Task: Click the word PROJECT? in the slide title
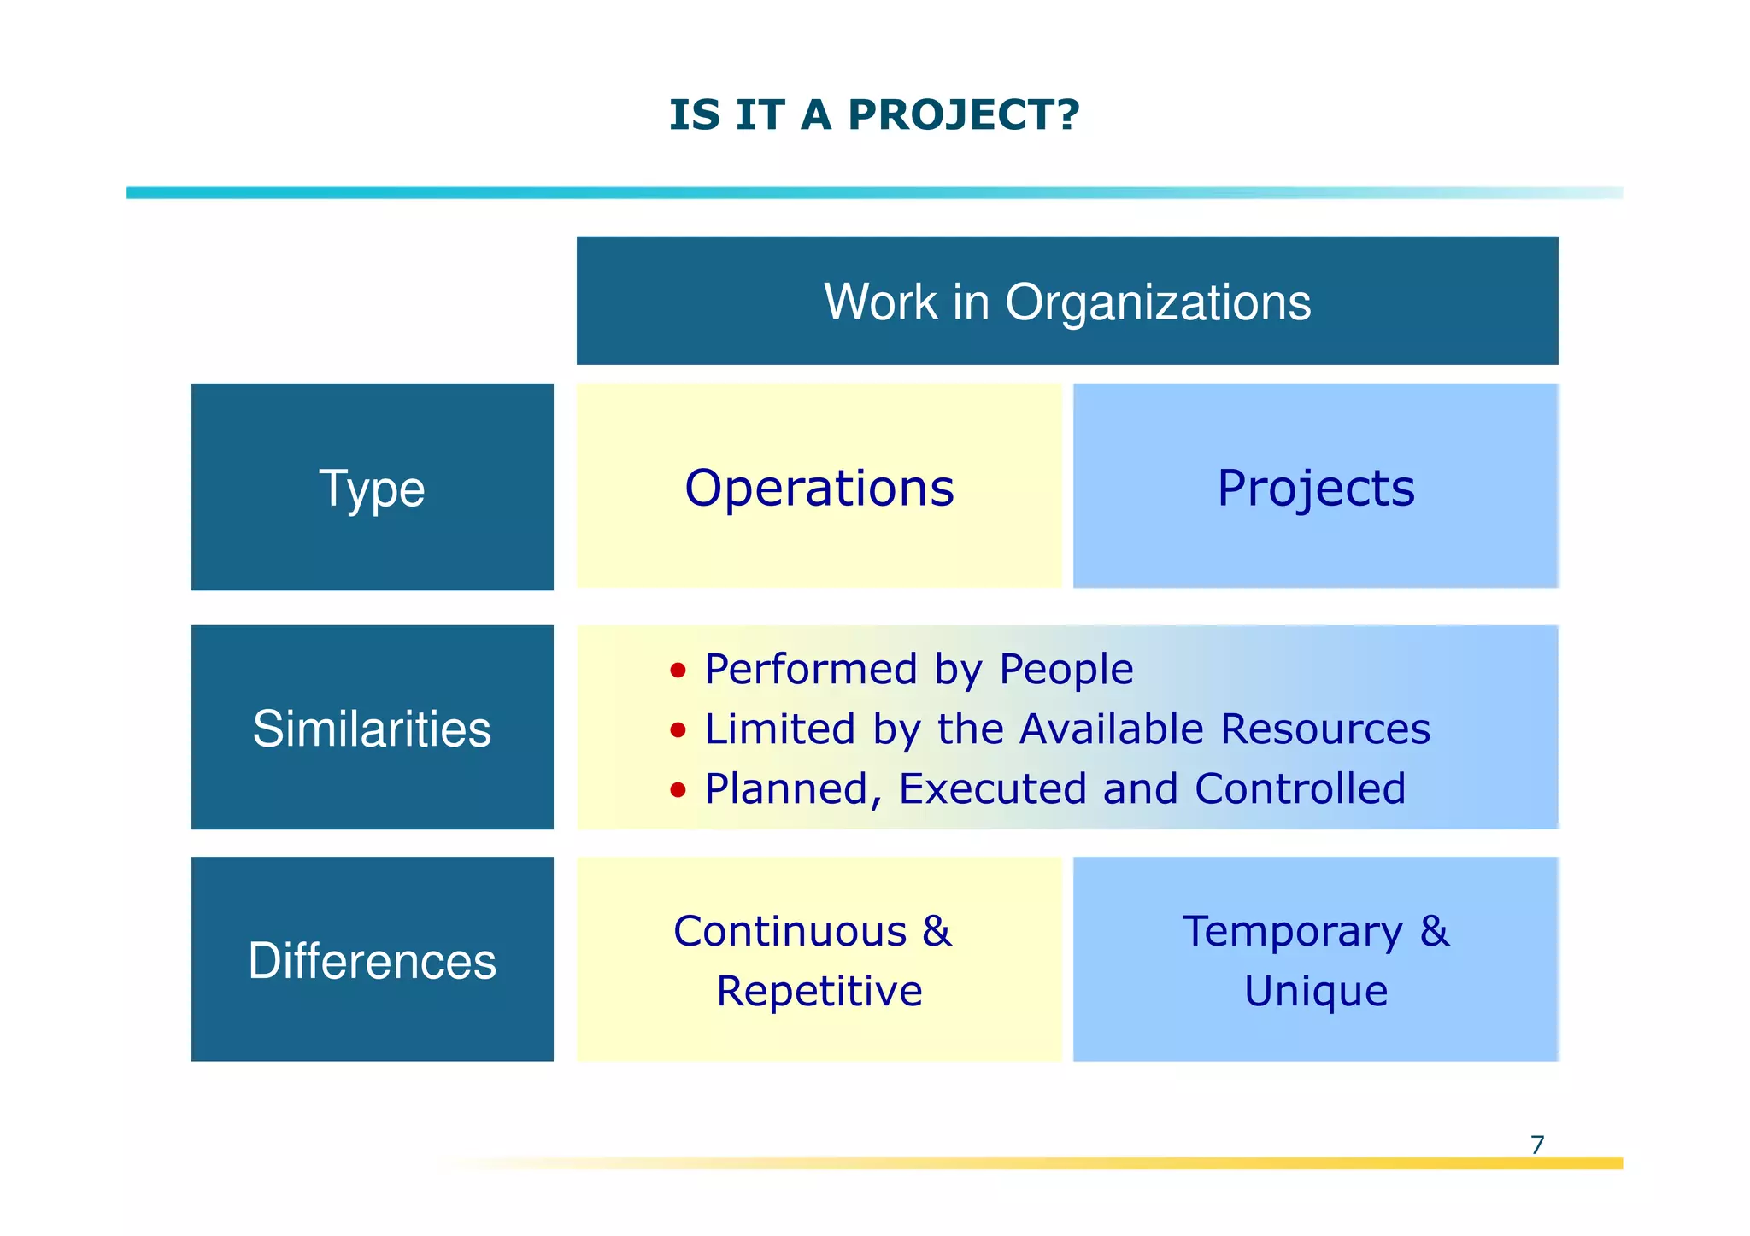963,115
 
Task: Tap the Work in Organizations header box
1066,301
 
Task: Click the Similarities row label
372,728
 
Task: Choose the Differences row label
372,959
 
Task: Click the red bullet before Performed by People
678,671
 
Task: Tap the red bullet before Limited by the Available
678,730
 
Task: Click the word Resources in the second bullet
1324,729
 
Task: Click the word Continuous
790,931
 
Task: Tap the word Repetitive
819,991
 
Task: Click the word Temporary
1292,932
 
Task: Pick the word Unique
1315,991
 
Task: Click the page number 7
1537,1145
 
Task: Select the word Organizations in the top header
1157,302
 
